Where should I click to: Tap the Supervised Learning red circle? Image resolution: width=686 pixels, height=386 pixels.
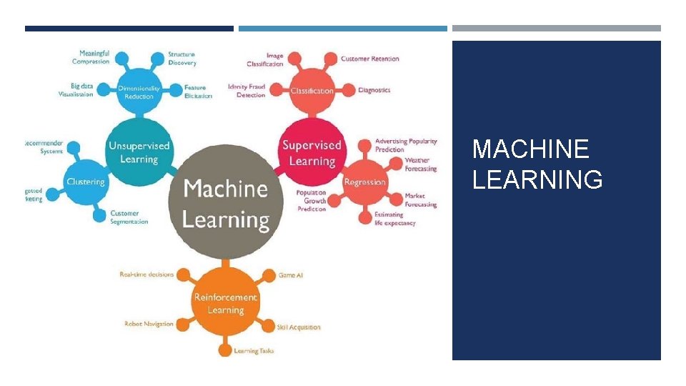(x=312, y=152)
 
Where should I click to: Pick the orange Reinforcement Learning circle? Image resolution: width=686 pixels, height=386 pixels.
(x=226, y=304)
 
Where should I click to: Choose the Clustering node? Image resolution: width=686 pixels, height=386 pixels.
(x=86, y=182)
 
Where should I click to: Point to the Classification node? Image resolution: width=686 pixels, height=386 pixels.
(x=312, y=91)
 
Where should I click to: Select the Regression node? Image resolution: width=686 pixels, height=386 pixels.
(x=364, y=182)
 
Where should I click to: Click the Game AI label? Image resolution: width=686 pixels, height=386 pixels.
(x=291, y=275)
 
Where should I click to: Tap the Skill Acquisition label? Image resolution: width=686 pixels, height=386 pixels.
(x=299, y=327)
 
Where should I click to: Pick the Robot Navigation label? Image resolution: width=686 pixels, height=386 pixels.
(x=149, y=324)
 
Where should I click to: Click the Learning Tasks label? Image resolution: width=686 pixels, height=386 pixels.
(x=254, y=351)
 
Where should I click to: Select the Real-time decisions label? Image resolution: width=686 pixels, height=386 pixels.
(x=146, y=274)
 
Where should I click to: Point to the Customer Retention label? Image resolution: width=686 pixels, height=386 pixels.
(x=369, y=59)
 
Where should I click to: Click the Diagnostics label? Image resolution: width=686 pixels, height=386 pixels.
(x=374, y=90)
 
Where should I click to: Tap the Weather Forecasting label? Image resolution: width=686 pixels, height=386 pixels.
(x=420, y=164)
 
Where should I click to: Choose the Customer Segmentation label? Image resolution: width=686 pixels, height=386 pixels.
(x=129, y=217)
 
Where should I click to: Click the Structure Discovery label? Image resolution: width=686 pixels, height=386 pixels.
(x=182, y=58)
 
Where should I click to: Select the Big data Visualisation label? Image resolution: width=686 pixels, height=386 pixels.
(x=76, y=90)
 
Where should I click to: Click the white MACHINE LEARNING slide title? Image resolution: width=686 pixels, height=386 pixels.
(x=537, y=164)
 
